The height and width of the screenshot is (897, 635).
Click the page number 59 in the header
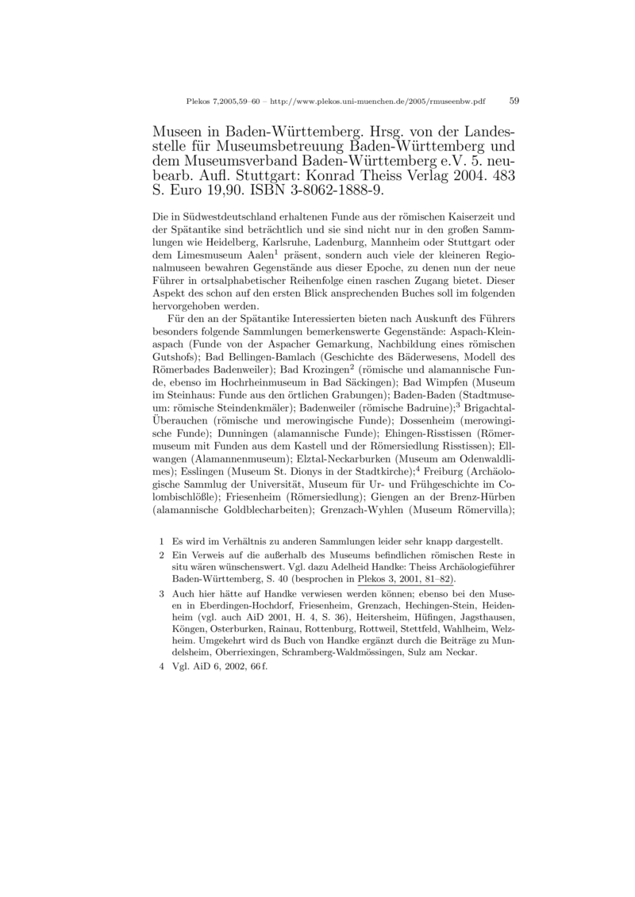[x=514, y=102]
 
